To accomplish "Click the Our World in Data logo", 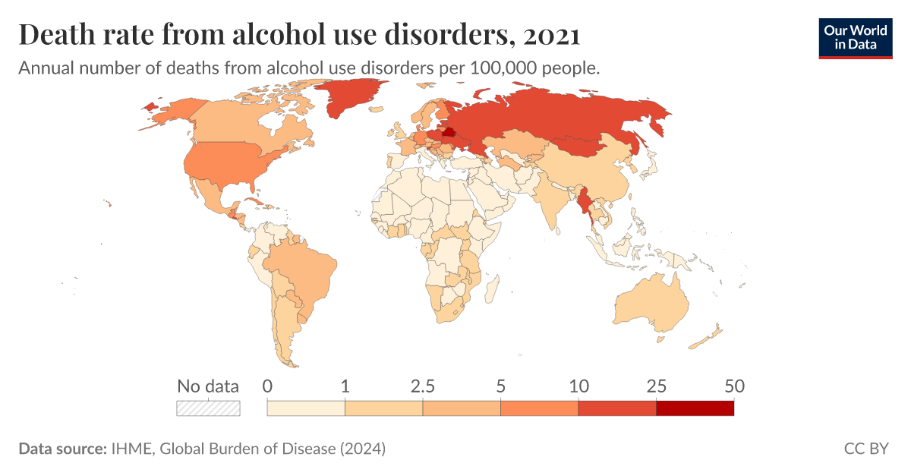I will [x=856, y=36].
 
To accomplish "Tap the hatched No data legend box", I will [x=208, y=408].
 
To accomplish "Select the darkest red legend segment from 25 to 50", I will [x=695, y=408].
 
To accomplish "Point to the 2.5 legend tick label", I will [x=423, y=386].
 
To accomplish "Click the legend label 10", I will [x=578, y=386].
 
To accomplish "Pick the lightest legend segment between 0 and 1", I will [x=306, y=408].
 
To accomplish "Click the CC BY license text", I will [x=865, y=449].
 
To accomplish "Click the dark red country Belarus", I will [x=448, y=132].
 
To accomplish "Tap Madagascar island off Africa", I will [x=491, y=288].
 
